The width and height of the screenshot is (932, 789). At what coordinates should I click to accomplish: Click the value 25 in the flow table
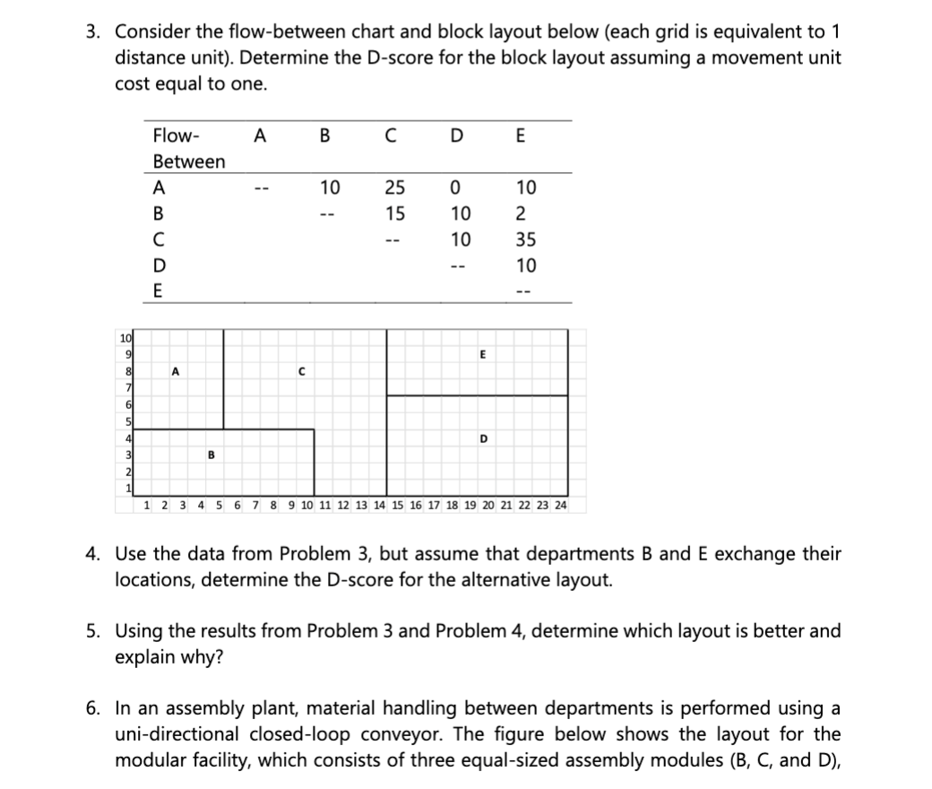394,187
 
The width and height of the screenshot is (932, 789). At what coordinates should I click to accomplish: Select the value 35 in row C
526,239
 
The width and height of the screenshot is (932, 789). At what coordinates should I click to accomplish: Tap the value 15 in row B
394,213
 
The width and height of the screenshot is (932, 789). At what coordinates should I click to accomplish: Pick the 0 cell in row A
458,187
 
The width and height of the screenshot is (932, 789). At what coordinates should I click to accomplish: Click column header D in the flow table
458,136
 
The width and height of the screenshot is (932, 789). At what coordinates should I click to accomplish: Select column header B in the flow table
324,136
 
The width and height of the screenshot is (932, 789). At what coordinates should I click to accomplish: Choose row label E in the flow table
159,291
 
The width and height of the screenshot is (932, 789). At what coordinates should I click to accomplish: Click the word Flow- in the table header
177,136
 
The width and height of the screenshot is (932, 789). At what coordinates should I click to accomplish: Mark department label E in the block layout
483,354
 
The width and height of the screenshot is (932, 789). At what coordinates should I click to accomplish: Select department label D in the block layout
484,438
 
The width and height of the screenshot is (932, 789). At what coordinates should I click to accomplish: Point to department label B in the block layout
211,454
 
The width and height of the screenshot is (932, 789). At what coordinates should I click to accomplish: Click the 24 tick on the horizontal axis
560,506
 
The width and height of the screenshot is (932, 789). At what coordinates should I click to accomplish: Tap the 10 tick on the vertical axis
125,336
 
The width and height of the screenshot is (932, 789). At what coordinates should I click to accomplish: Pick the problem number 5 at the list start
92,630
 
